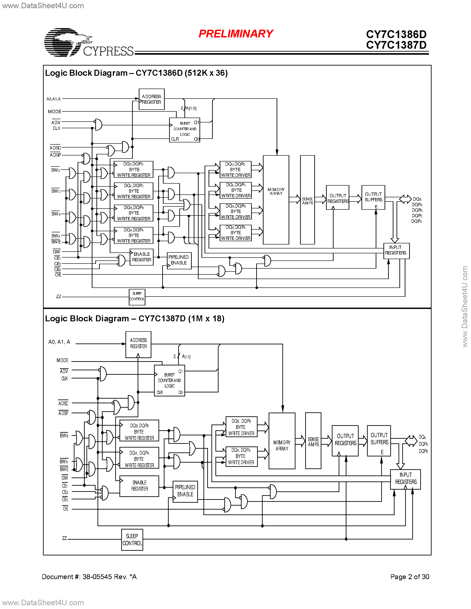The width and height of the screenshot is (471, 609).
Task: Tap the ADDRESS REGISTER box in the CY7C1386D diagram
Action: tap(152, 99)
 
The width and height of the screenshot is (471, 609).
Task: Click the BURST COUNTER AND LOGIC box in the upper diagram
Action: tap(184, 130)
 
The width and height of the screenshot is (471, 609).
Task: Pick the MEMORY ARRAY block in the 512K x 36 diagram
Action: tap(276, 200)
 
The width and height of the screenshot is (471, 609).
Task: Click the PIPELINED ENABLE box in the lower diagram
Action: tap(185, 491)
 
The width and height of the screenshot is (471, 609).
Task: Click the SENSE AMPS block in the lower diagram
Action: tap(313, 441)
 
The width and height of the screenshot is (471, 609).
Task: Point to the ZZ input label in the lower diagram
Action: tap(64, 538)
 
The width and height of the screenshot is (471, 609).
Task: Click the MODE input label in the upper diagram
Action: tap(54, 112)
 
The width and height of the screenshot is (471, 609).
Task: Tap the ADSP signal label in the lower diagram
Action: tap(63, 413)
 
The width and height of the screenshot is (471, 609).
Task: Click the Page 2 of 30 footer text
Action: tap(409, 577)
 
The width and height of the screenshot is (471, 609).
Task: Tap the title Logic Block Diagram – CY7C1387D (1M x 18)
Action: tap(135, 318)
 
